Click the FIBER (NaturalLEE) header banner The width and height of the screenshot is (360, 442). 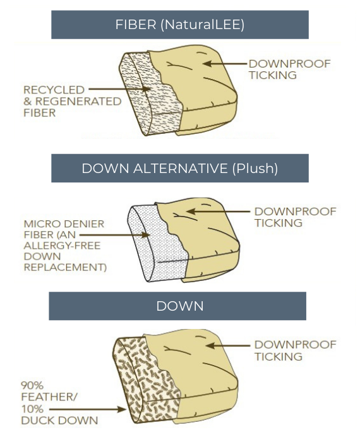click(x=180, y=25)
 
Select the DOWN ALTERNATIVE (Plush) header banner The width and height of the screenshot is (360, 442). click(x=180, y=169)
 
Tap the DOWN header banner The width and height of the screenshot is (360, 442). click(x=180, y=306)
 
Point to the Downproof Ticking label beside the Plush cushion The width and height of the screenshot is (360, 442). click(x=294, y=217)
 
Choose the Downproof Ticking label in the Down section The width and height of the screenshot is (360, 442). click(x=294, y=350)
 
